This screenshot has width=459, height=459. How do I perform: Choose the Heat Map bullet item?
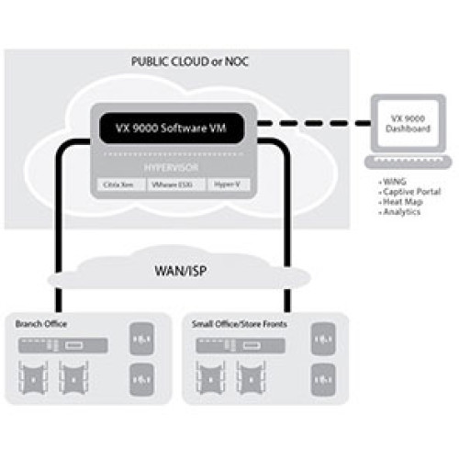point(402,203)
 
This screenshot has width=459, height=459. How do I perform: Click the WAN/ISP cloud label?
point(174,273)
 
